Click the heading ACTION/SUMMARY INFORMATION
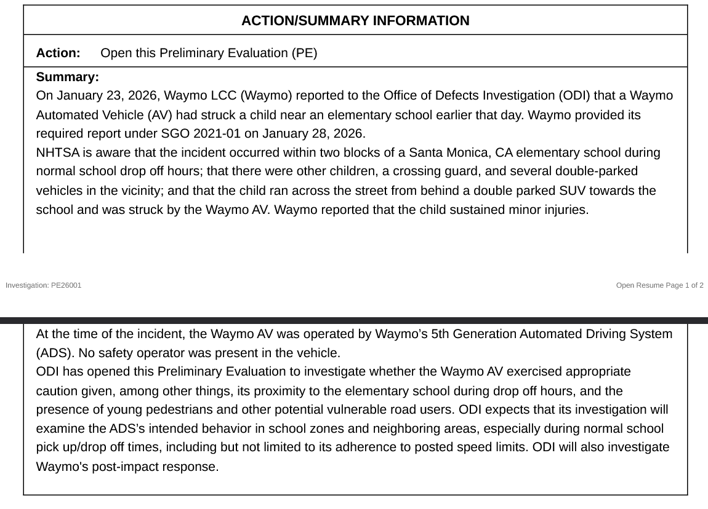point(355,21)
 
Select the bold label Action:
point(58,53)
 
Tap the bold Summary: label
point(68,77)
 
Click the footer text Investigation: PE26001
point(43,285)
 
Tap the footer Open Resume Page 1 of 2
point(659,285)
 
